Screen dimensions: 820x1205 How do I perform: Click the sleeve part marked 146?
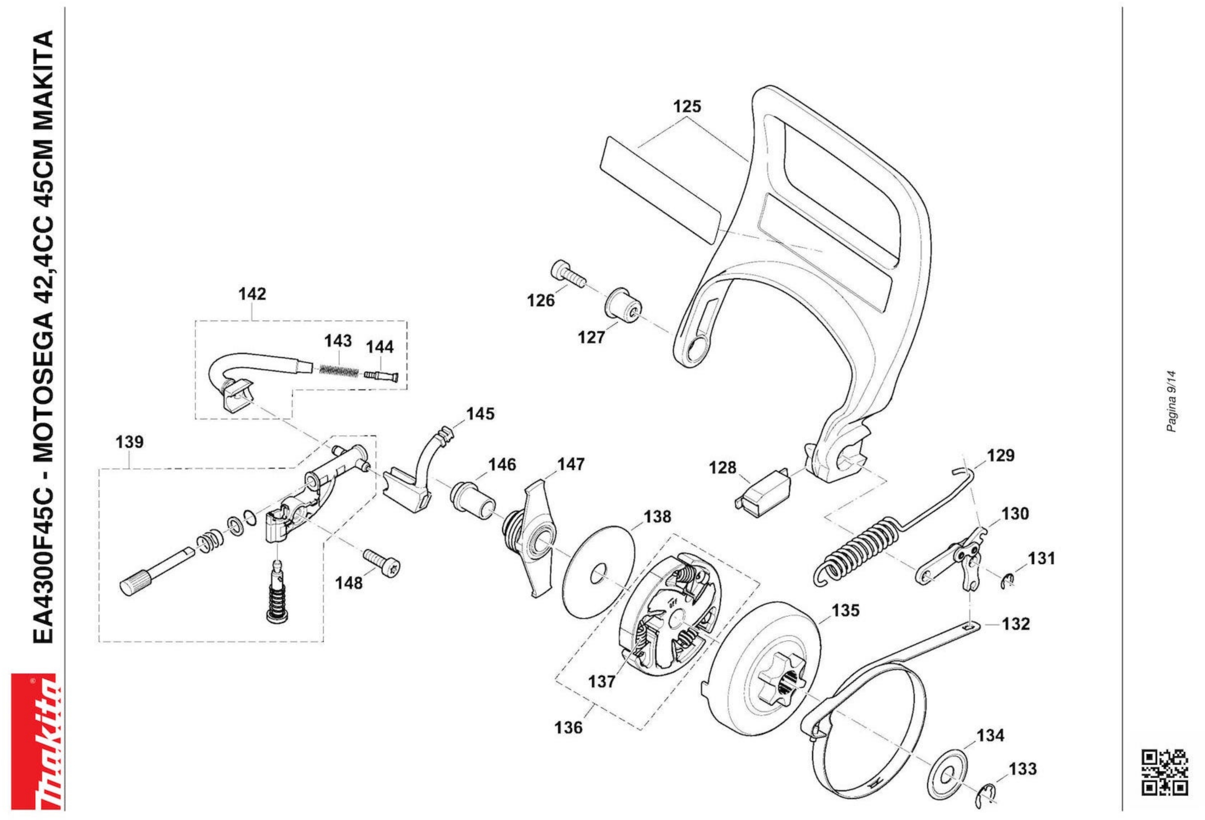pos(473,501)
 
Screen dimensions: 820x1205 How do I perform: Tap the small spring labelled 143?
pos(338,370)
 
